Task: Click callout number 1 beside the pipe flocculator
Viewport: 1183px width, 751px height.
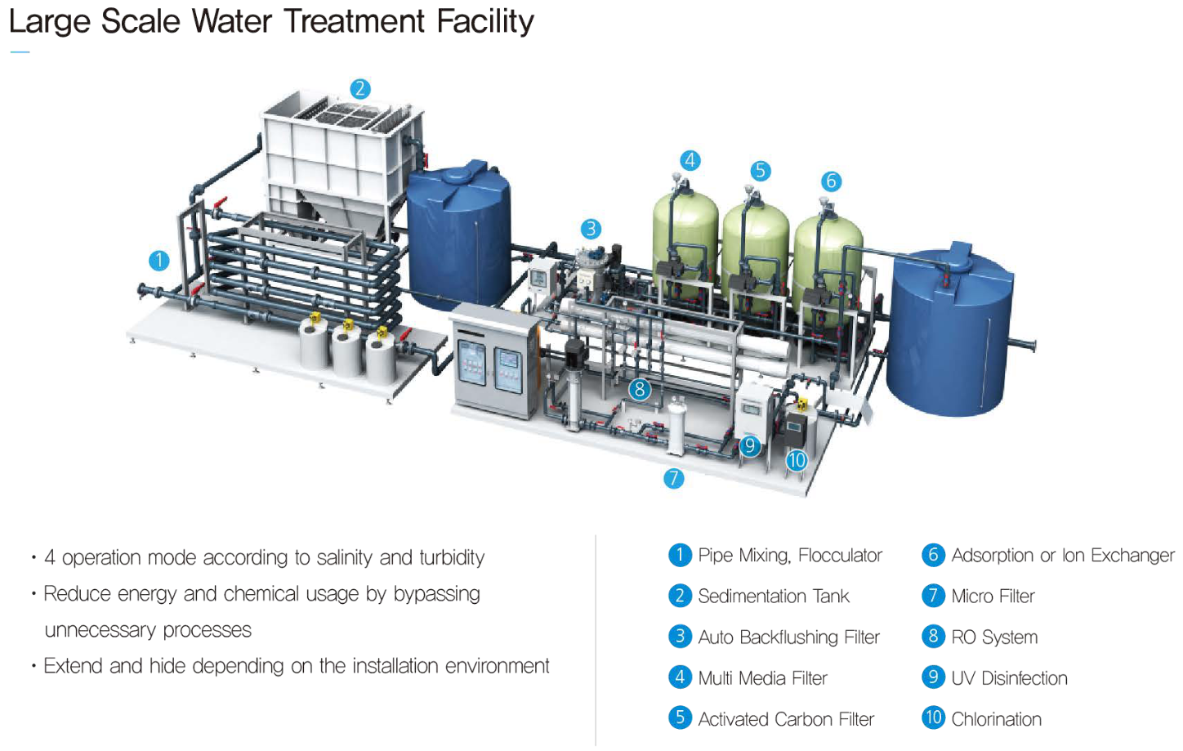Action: coord(158,261)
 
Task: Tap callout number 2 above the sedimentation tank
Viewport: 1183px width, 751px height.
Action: coord(359,89)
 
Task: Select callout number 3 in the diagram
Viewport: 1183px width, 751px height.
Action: coord(591,229)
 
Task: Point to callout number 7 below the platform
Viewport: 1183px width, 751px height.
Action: coord(673,478)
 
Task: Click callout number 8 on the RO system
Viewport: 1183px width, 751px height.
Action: coord(640,390)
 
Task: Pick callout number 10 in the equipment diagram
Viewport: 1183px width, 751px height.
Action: coord(797,461)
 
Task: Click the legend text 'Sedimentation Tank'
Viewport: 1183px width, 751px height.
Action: coord(773,597)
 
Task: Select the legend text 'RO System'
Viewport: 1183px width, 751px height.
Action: coord(994,637)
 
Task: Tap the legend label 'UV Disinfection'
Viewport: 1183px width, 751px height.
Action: coord(1009,678)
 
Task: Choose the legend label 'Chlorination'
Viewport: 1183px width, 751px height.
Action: coord(996,719)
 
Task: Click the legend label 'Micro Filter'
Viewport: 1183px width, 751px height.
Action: coord(993,597)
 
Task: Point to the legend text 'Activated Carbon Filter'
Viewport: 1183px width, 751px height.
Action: coord(786,719)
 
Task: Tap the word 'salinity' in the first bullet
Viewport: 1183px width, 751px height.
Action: coord(344,557)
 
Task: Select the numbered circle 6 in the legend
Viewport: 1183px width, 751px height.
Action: coord(933,555)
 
